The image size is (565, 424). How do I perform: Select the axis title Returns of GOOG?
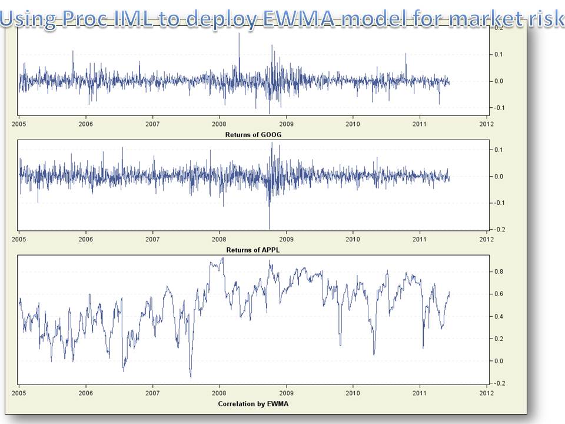coord(253,135)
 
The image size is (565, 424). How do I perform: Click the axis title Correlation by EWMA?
coord(253,404)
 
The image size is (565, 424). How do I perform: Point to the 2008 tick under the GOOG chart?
coord(219,124)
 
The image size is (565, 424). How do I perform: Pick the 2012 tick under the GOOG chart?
coord(486,124)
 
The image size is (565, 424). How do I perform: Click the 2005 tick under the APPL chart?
coord(19,240)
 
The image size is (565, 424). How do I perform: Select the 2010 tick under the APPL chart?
coord(353,240)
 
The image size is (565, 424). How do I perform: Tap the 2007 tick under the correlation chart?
coord(152,393)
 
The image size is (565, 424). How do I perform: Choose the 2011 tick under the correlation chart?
coord(419,393)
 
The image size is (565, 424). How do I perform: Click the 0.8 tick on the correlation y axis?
coord(498,271)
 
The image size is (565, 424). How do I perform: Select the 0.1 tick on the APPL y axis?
coord(498,150)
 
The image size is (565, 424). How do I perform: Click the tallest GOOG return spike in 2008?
coord(239,34)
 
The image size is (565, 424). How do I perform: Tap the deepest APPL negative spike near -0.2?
coord(270,228)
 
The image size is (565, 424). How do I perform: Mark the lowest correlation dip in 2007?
coord(191,377)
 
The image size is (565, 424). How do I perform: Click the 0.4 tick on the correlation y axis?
coord(498,316)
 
